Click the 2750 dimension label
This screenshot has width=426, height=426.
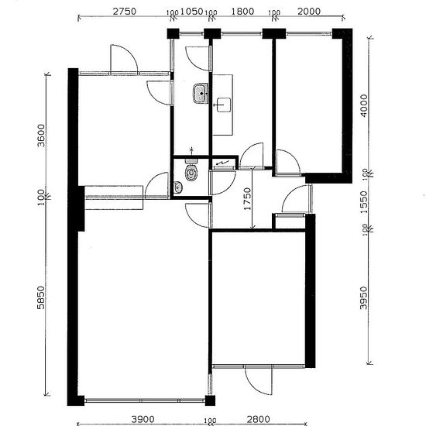point(124,12)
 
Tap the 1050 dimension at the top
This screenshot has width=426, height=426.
point(192,12)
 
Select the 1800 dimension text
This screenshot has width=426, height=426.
point(242,12)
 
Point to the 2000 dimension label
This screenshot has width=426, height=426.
point(309,12)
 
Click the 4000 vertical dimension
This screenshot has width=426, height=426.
point(363,105)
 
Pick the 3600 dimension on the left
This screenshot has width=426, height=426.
point(41,136)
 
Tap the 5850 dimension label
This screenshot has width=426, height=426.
point(41,297)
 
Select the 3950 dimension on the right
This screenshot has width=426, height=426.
point(363,298)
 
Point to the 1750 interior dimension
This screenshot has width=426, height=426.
point(247,198)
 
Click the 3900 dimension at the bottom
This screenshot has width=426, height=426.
point(143,419)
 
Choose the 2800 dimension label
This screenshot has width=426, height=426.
point(259,419)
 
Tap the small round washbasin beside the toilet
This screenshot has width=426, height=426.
point(178,187)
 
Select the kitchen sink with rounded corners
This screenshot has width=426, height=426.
point(201,94)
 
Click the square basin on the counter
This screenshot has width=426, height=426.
point(224,105)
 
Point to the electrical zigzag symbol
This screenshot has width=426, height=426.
point(222,163)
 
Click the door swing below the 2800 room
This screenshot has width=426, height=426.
point(258,380)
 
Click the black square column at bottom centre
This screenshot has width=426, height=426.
point(210,400)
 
